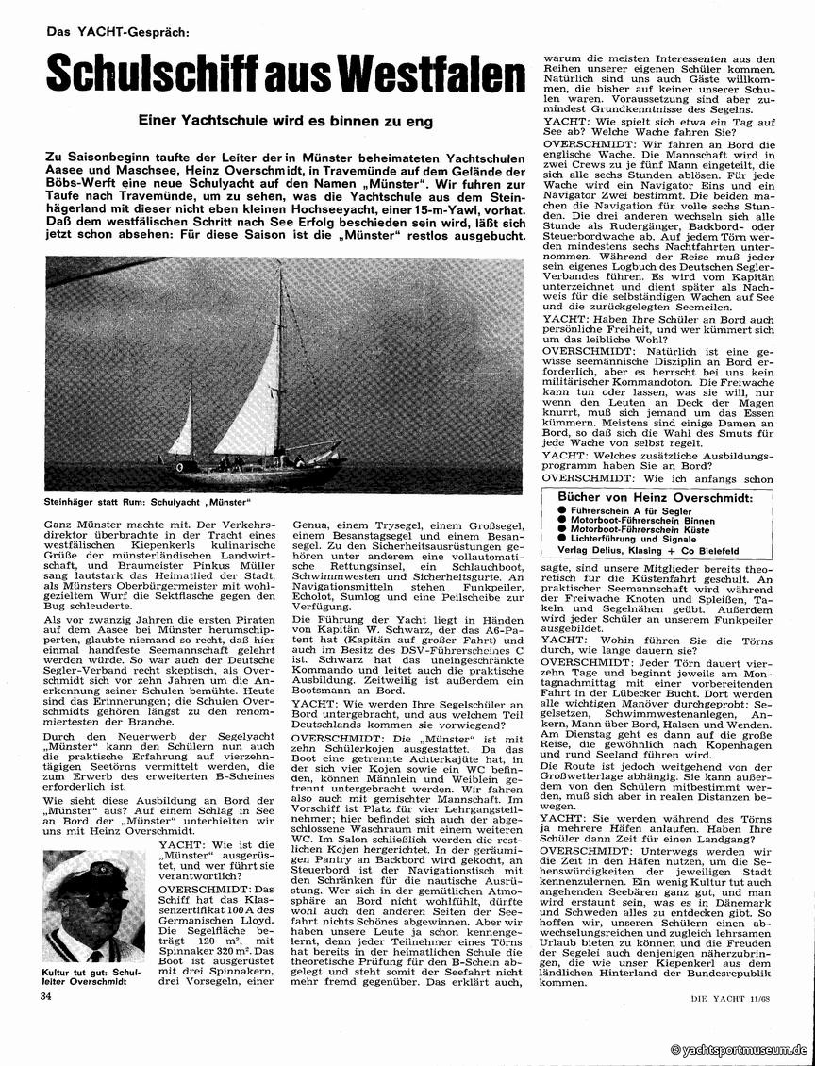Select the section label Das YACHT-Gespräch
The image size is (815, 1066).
click(x=117, y=31)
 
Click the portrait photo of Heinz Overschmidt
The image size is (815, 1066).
click(x=93, y=905)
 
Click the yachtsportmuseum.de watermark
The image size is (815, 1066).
click(x=739, y=1050)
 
